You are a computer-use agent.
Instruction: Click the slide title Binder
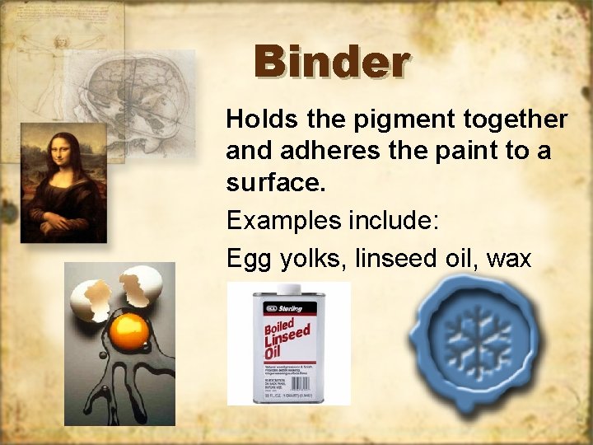[331, 62]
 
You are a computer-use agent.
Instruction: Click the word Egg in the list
[245, 260]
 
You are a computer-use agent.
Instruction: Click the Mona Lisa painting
[63, 182]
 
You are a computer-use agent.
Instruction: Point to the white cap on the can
[288, 288]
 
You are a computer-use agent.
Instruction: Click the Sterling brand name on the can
[290, 307]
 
